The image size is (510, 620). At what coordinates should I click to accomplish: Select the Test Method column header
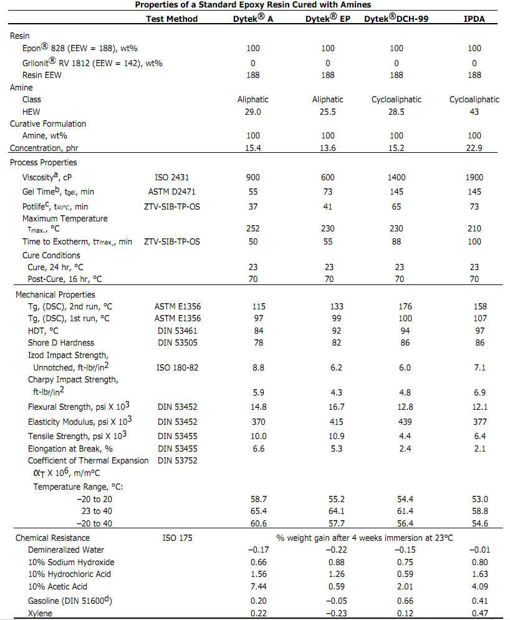171,19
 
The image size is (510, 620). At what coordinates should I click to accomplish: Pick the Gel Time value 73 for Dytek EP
328,191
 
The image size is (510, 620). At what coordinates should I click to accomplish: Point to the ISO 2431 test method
171,178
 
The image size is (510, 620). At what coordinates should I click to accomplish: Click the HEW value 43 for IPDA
474,112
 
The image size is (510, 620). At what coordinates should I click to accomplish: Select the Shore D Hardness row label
61,342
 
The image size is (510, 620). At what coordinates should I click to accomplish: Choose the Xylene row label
41,613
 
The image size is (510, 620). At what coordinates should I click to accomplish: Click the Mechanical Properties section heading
55,294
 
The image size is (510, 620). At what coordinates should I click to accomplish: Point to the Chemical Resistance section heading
52,538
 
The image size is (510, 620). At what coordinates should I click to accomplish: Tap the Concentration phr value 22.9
474,148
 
